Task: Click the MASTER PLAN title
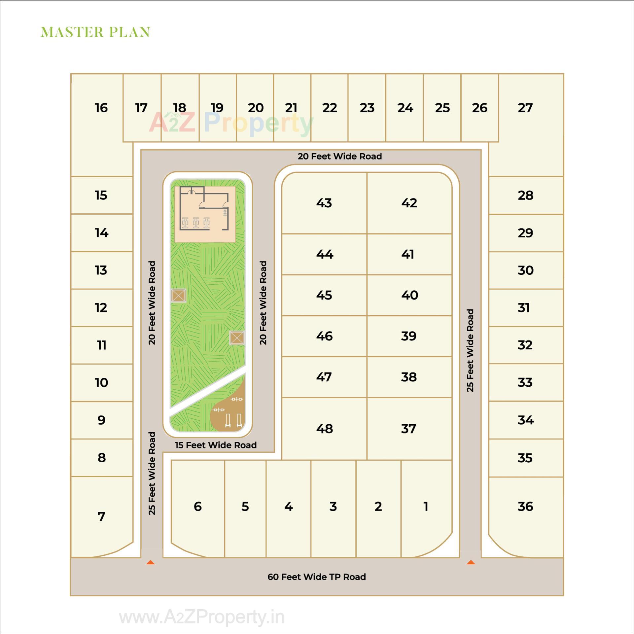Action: click(x=95, y=32)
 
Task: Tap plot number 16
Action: click(x=101, y=108)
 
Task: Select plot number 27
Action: click(x=525, y=108)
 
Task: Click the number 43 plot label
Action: click(x=324, y=203)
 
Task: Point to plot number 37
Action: click(x=408, y=429)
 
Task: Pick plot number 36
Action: click(x=525, y=507)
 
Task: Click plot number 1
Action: click(x=426, y=507)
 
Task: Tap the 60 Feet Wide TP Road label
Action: click(x=316, y=577)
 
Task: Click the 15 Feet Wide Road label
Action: click(x=216, y=445)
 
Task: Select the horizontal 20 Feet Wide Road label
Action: click(x=339, y=157)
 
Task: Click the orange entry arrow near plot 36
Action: click(x=471, y=562)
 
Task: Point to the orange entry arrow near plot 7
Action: click(x=151, y=562)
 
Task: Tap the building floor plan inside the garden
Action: click(x=205, y=213)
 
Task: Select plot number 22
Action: click(x=330, y=108)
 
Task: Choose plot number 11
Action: click(x=101, y=345)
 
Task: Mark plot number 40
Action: click(x=409, y=295)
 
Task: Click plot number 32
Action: click(x=525, y=345)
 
